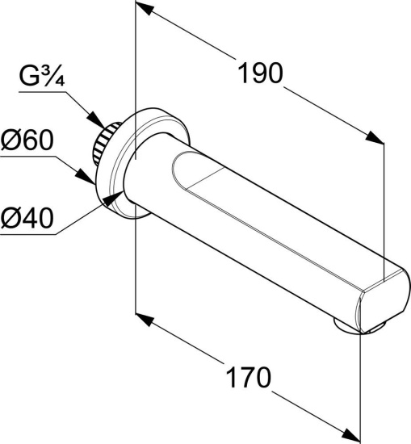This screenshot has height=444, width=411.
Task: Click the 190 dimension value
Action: (260, 73)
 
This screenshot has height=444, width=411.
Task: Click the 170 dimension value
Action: (249, 377)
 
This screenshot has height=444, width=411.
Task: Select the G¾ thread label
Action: (42, 77)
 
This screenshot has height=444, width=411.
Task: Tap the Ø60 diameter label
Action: (27, 140)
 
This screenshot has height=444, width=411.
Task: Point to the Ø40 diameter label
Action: (27, 217)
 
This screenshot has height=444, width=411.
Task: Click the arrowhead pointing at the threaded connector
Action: (96, 120)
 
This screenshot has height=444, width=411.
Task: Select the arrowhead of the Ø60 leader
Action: (85, 177)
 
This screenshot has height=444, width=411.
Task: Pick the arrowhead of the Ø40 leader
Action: (113, 197)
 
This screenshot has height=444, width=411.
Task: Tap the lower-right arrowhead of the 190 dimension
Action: (375, 137)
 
